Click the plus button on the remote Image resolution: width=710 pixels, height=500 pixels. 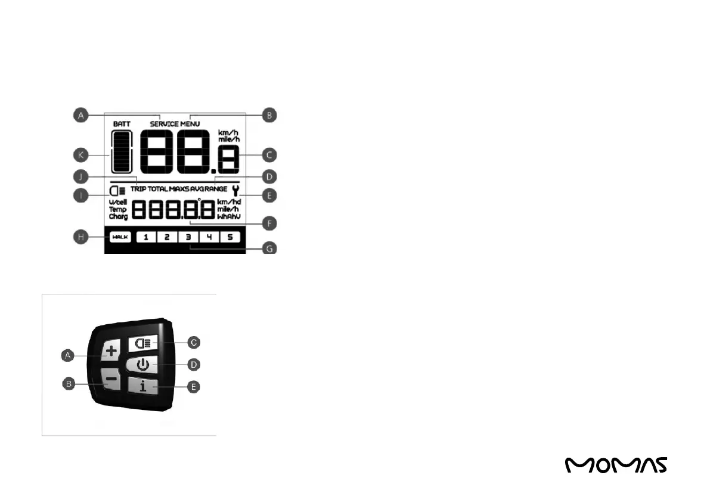(x=110, y=352)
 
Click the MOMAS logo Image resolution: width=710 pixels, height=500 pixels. (x=616, y=465)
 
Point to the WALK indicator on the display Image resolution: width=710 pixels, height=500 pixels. (x=120, y=237)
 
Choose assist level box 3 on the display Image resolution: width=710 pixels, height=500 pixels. (x=188, y=237)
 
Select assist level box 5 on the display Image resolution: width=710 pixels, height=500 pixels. (x=230, y=237)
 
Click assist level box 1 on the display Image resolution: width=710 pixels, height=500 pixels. (x=146, y=237)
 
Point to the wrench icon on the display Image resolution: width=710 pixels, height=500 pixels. (x=237, y=191)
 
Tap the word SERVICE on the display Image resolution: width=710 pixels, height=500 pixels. (x=164, y=124)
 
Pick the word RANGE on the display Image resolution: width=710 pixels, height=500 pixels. (x=216, y=189)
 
